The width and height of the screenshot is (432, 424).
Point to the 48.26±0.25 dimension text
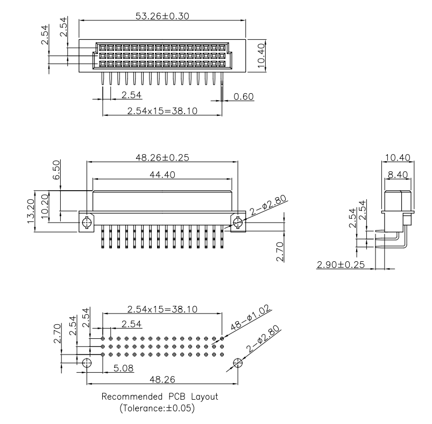coord(162,157)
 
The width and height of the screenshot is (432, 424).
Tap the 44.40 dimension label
coord(162,175)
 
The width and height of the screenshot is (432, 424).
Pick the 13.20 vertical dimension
coord(31,212)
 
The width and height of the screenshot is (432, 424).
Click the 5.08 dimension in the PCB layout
coord(122,369)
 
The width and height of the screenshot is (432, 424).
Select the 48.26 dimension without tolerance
coord(162,380)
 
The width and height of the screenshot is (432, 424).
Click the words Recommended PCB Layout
coord(160,397)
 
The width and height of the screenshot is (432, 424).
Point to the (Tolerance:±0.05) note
coord(160,408)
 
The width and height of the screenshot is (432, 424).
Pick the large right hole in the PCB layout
coord(238,363)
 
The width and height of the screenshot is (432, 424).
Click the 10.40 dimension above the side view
coord(398,157)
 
